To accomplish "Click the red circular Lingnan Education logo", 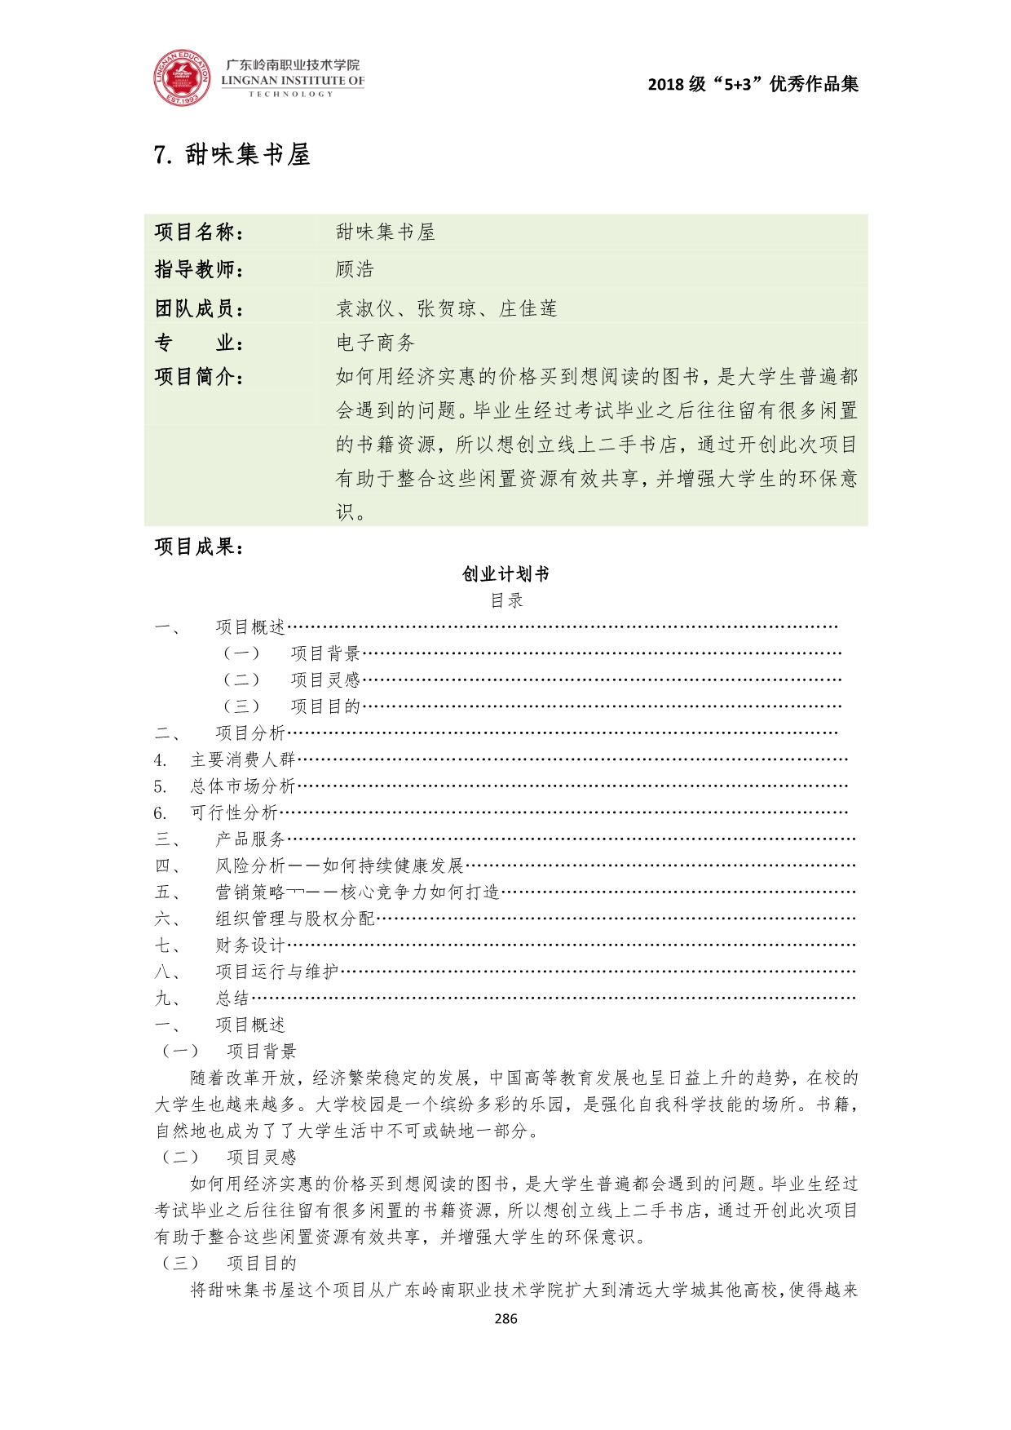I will coord(181,78).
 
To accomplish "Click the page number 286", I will coord(505,1318).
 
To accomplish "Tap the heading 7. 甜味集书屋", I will coord(232,154).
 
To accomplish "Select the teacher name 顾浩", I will coord(355,269).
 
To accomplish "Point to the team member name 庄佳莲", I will coord(528,308).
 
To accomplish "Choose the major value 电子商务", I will coord(376,343).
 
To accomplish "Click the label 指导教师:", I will coord(200,269).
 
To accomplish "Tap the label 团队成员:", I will coord(200,308).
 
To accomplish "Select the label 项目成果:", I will coord(200,547).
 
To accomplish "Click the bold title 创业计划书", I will coord(505,574).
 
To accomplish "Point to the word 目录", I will coord(506,600).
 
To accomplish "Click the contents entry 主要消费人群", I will coord(242,759).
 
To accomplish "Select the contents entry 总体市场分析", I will coord(242,786).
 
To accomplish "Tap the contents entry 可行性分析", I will coord(234,812).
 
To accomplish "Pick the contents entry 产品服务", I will coord(250,839).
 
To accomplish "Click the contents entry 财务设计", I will coord(250,945).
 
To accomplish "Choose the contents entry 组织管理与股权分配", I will coord(295,919).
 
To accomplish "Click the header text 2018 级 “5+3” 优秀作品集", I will coord(753,84).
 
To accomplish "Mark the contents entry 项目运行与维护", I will coord(277,972).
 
